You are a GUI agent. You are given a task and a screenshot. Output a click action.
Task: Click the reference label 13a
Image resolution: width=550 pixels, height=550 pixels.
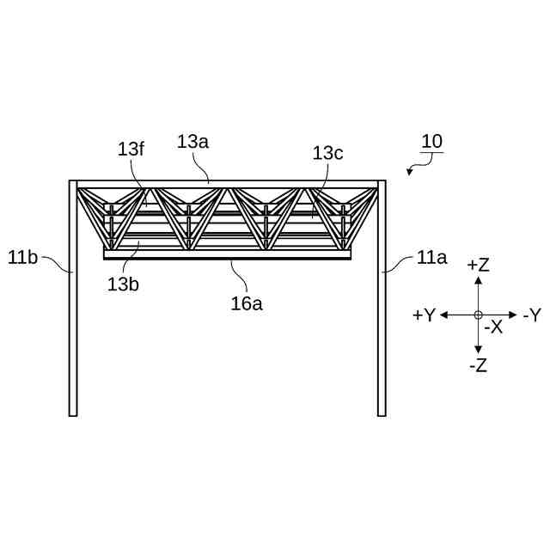click(x=192, y=142)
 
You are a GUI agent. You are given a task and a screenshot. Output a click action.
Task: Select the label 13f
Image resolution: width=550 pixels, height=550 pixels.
click(x=131, y=149)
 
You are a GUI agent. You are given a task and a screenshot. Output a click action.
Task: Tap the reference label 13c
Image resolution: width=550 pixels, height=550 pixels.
click(x=327, y=153)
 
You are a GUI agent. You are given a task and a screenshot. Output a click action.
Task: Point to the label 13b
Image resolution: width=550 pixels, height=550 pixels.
click(x=123, y=284)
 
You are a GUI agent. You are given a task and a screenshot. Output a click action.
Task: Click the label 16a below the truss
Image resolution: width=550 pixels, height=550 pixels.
click(x=247, y=302)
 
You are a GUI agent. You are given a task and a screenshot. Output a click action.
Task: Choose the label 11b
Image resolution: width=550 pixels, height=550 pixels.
click(x=22, y=256)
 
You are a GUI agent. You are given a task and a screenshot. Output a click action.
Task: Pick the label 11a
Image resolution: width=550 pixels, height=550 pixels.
click(x=431, y=256)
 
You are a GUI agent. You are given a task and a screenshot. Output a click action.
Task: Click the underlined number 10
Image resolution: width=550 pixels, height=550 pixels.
click(x=431, y=142)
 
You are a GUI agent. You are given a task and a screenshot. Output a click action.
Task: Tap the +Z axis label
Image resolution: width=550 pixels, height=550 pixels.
click(x=478, y=266)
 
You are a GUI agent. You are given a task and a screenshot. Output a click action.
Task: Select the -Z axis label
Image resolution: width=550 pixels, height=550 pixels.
click(x=479, y=365)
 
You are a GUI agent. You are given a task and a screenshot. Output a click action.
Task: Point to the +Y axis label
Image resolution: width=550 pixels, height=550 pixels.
click(x=424, y=315)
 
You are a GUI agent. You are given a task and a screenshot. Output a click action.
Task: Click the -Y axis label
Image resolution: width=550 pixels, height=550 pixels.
click(x=532, y=315)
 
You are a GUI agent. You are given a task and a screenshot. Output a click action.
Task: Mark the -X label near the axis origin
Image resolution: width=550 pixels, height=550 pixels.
click(x=493, y=327)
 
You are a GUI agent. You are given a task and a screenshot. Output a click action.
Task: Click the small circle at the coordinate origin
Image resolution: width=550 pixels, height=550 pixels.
click(x=478, y=315)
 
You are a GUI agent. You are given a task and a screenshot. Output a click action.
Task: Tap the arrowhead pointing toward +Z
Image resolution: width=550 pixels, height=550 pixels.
click(x=478, y=280)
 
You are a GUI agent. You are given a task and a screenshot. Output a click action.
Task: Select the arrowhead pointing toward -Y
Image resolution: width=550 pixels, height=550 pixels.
click(x=513, y=315)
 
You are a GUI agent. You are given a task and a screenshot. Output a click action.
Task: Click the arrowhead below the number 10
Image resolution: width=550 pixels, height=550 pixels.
click(x=409, y=172)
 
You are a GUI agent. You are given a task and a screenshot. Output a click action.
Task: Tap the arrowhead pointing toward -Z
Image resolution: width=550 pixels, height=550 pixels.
click(x=478, y=350)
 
